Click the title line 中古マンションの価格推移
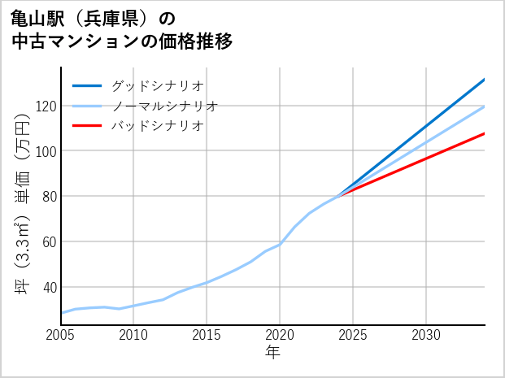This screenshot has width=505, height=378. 122,41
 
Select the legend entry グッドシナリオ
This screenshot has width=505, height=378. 157,85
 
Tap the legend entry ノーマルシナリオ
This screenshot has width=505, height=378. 164,106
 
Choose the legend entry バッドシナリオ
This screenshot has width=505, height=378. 157,126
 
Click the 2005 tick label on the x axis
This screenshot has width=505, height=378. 61,335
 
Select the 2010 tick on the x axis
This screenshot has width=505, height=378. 134,335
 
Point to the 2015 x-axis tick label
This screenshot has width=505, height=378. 207,335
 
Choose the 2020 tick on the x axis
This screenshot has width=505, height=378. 280,335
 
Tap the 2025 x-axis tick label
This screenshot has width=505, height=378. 353,335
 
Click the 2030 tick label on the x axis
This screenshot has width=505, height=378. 426,335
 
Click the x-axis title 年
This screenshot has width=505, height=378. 272,353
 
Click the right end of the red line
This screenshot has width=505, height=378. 484,133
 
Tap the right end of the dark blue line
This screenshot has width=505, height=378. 484,80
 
